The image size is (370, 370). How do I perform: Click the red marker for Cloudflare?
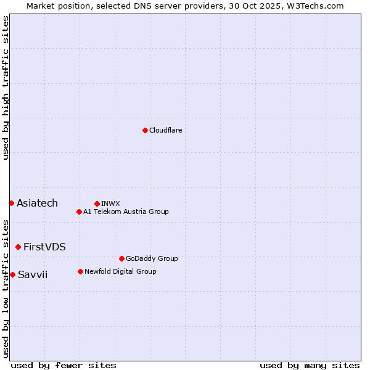tap(145, 130)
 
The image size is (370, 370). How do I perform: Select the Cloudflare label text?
tap(165, 130)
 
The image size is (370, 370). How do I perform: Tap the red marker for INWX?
tap(97, 203)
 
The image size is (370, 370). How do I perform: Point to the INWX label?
tap(110, 203)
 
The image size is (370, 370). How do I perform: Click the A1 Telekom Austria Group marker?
tap(79, 212)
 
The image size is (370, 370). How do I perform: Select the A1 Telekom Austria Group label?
tap(126, 212)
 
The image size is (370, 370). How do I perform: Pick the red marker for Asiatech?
tap(11, 203)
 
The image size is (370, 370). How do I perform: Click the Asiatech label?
tap(37, 203)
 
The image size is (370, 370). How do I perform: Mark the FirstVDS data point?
tap(18, 247)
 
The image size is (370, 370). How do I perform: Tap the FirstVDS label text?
tap(44, 247)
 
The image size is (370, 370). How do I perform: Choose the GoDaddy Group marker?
tap(121, 258)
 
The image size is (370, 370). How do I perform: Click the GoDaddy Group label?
tap(152, 258)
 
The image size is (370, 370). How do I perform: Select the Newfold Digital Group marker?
tap(80, 271)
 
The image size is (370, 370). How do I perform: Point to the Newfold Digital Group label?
tap(120, 271)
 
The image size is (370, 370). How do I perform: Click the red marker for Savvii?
tap(12, 274)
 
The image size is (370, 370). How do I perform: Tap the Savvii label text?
tap(33, 274)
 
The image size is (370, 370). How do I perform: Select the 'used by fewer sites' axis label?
tap(64, 365)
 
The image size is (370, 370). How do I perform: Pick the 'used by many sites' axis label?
tap(310, 365)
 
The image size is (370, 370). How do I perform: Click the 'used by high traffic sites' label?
tap(6, 88)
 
